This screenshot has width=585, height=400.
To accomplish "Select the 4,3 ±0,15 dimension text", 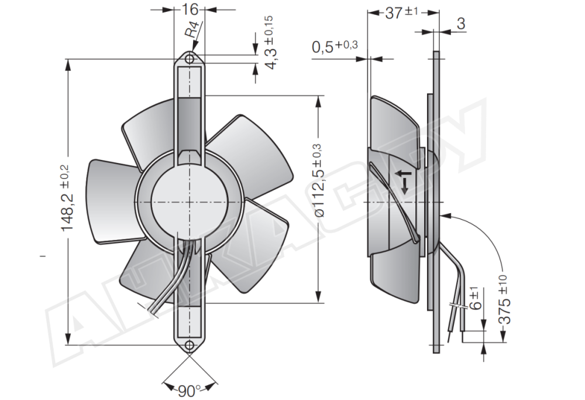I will (271, 44).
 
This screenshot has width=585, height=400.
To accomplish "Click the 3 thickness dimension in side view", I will (461, 24).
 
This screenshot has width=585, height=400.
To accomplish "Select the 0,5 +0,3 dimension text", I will (335, 47).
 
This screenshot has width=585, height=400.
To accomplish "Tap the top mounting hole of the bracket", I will (189, 59).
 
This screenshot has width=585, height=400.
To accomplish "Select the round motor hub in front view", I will (188, 200).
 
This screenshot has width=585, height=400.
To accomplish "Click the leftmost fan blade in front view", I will (111, 199).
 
